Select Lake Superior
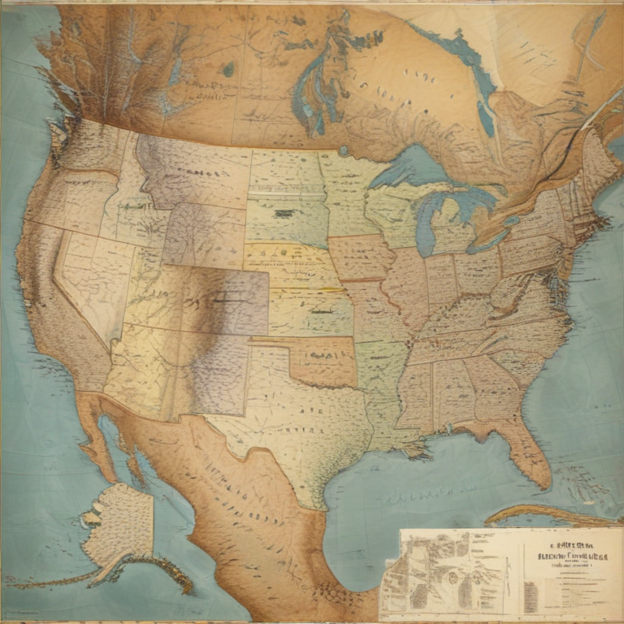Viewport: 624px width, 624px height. pyautogui.click(x=410, y=167)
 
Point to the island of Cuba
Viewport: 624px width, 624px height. pyautogui.click(x=544, y=513)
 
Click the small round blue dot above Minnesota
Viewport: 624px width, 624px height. pyautogui.click(x=344, y=150)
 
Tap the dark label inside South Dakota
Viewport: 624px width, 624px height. pyautogui.click(x=284, y=214)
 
